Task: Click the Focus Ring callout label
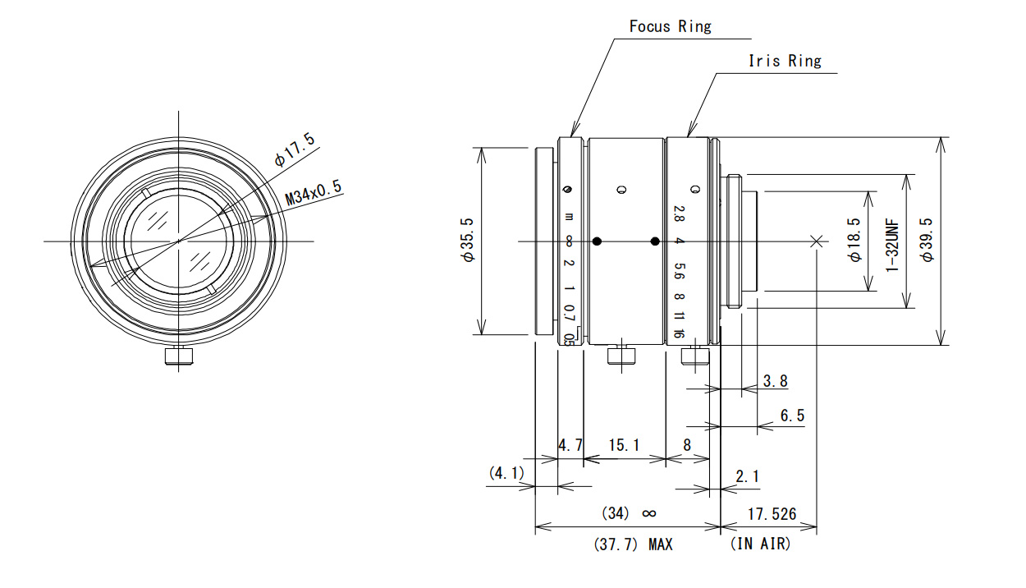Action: coord(670,26)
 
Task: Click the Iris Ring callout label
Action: coord(785,61)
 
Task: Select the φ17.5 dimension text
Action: coord(295,149)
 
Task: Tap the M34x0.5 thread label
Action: coord(314,192)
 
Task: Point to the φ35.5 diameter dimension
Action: coord(468,240)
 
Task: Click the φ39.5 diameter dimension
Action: coord(926,240)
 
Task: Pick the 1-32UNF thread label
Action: coord(891,246)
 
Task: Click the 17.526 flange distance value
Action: coord(772,514)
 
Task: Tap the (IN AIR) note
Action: coord(760,544)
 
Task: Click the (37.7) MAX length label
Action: coord(633,544)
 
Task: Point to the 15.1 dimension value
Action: coord(623,445)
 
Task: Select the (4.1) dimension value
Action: coord(506,473)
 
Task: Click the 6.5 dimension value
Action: coord(792,416)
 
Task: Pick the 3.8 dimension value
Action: coord(776,381)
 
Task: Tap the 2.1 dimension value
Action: coord(747,476)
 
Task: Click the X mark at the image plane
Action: coord(816,241)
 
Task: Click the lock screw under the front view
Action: coord(179,356)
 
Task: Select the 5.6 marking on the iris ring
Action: coord(680,271)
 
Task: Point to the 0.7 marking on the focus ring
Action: coord(569,313)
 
